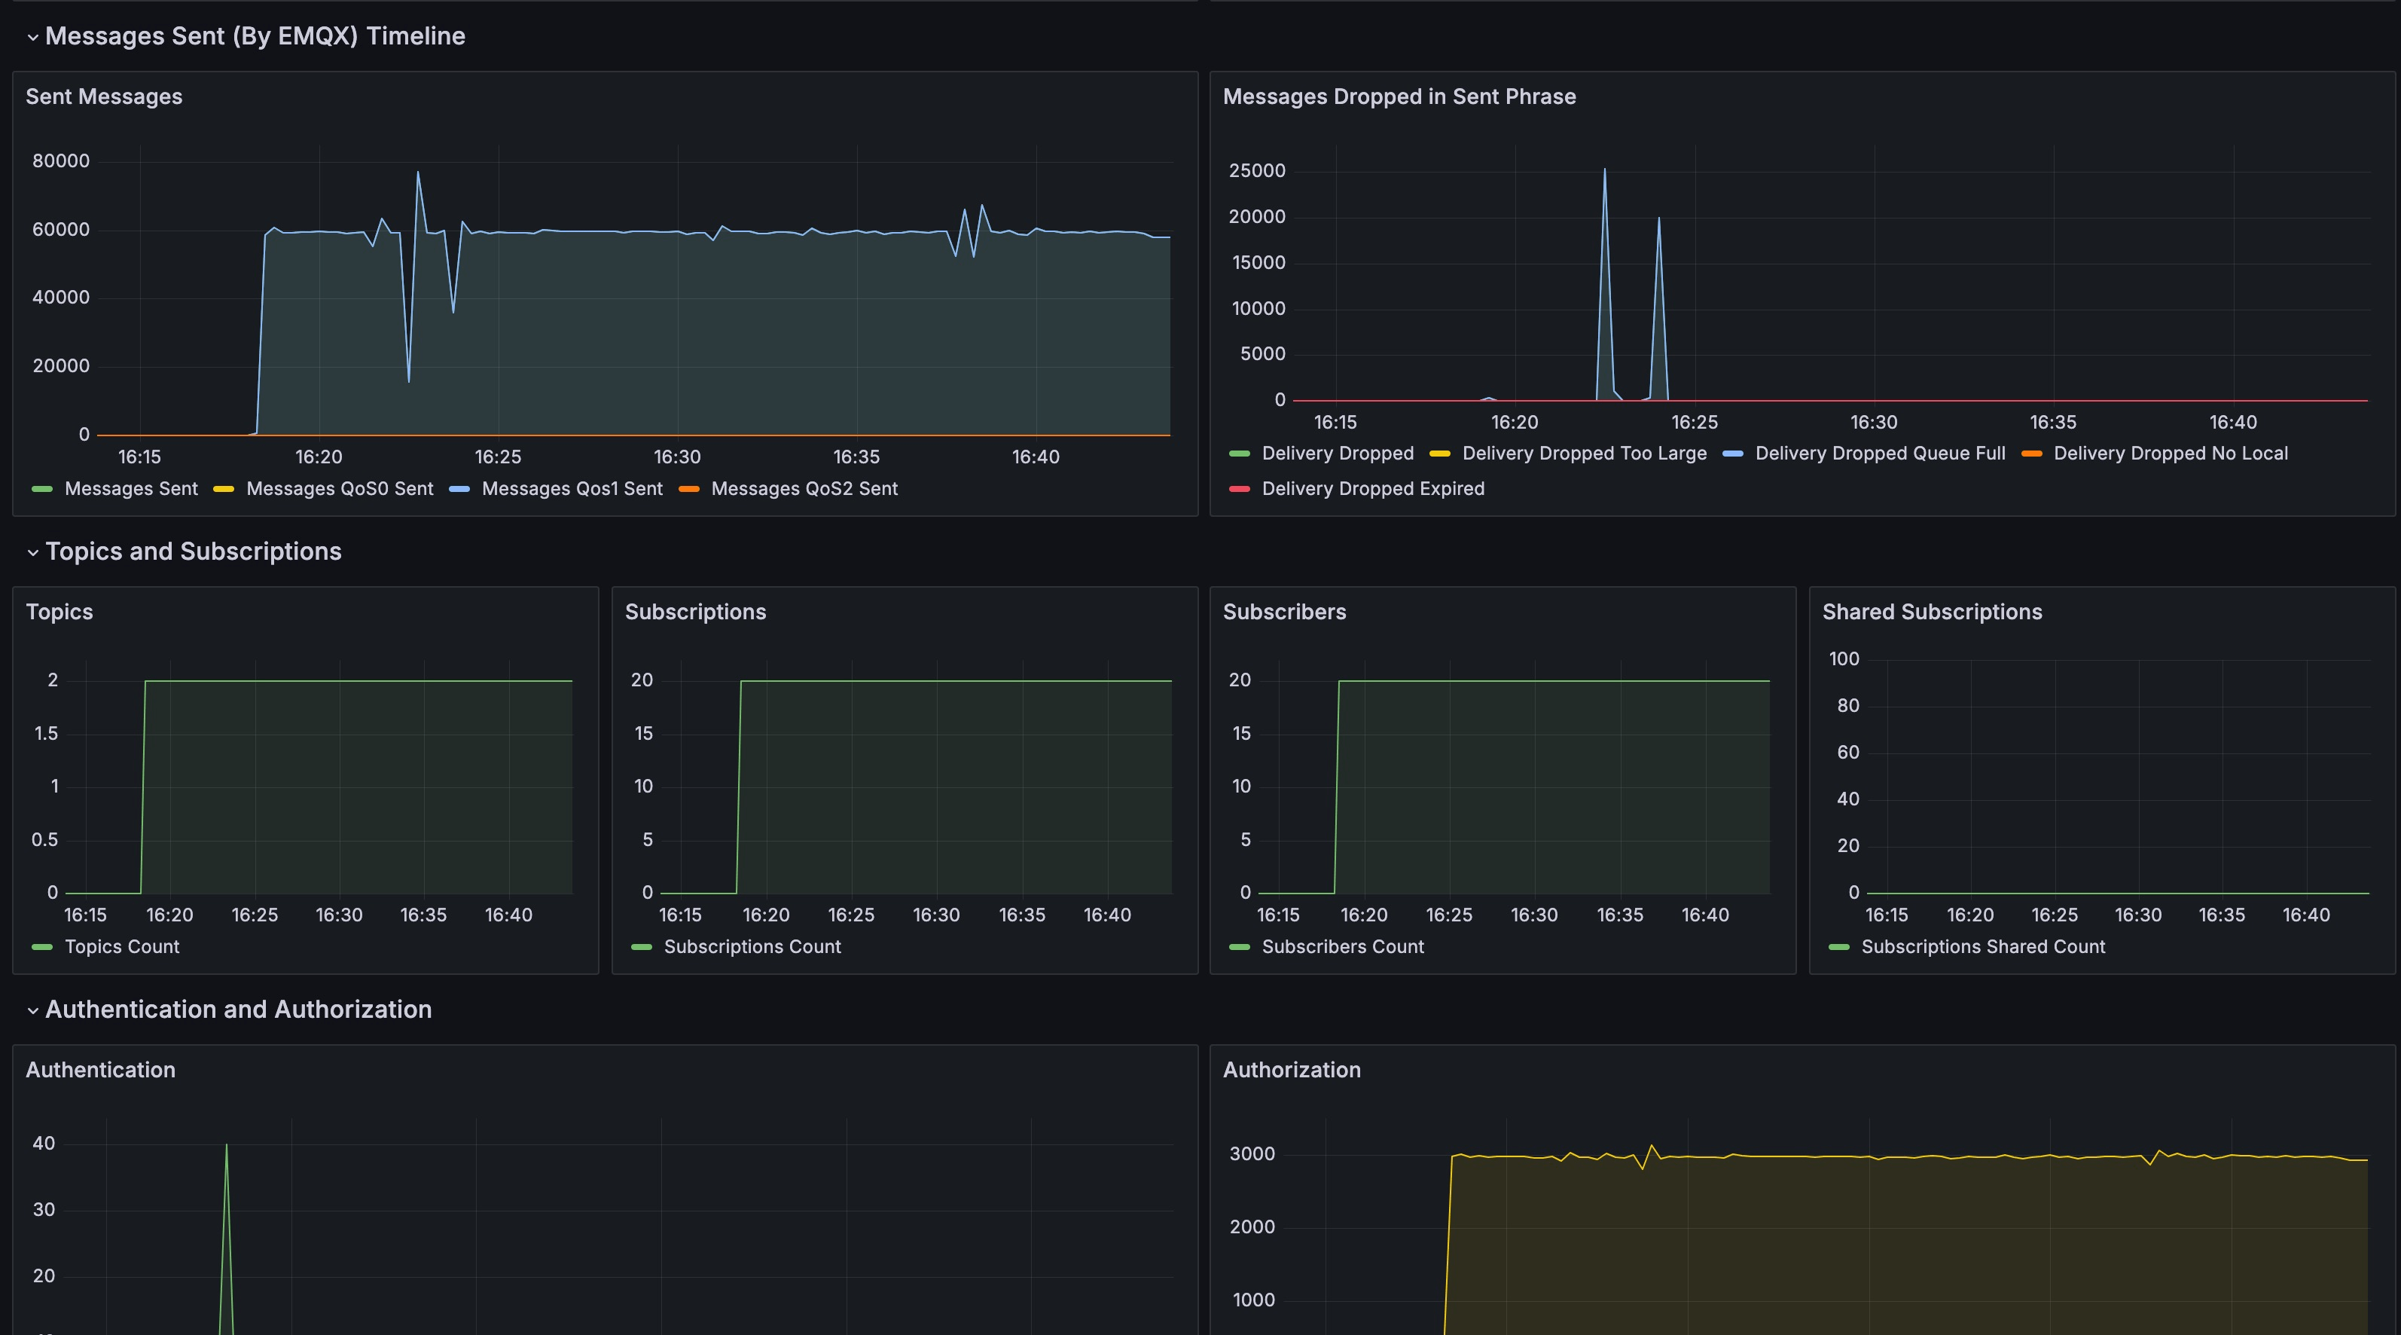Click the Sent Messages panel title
[x=103, y=97]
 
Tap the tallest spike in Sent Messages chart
[x=417, y=173]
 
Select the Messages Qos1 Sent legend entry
[x=572, y=488]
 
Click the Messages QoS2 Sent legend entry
[x=804, y=488]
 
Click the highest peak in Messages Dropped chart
[x=1604, y=170]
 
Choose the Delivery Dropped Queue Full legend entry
[x=1879, y=453]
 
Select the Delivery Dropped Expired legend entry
[x=1372, y=488]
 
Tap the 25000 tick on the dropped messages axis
[x=1256, y=170]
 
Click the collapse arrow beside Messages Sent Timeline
[x=32, y=37]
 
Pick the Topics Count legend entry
[x=121, y=946]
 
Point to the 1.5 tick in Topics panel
[x=46, y=734]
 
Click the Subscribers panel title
[x=1283, y=612]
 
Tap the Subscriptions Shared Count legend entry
[x=1982, y=946]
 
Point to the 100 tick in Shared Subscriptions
[x=1843, y=659]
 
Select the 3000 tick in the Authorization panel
[x=1252, y=1154]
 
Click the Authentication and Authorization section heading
[x=238, y=1009]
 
